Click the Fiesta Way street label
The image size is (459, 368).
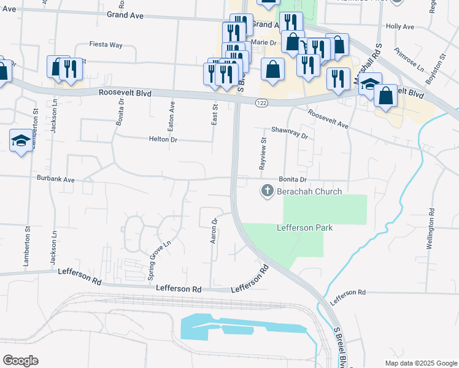pos(106,45)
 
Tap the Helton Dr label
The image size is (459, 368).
pos(163,139)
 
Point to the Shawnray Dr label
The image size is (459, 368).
pos(289,133)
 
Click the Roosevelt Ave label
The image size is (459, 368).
pos(328,118)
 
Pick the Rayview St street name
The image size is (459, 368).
pos(263,153)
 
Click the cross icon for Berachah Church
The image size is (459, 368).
pos(267,191)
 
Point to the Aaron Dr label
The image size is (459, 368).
pos(214,231)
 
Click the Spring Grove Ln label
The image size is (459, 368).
pos(159,260)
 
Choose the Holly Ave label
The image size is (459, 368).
pos(400,27)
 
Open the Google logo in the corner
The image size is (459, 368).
pos(20,360)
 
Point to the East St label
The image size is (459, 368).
pos(215,114)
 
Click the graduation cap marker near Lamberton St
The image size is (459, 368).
pos(21,141)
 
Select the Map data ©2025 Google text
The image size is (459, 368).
pos(420,363)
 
